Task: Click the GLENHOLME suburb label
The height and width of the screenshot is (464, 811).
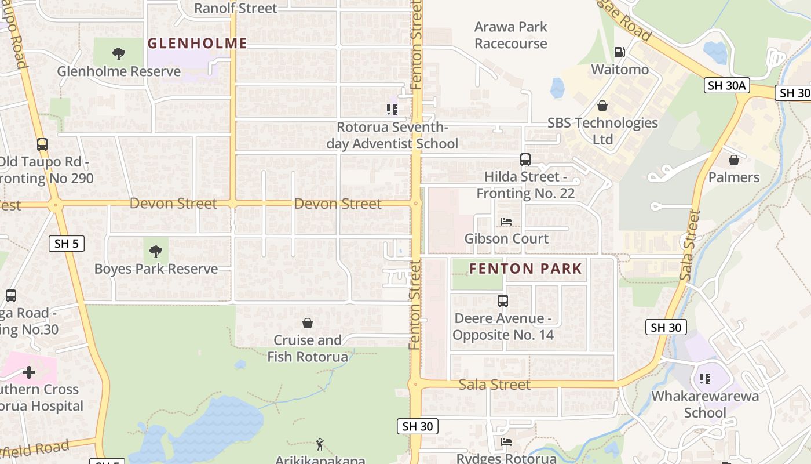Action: point(197,43)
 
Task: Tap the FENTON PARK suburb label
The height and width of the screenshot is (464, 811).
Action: point(525,269)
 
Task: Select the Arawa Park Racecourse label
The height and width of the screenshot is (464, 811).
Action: point(510,35)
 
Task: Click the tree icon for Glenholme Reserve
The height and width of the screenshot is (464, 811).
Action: point(119,54)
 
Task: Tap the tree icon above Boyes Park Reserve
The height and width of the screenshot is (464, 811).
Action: point(155,252)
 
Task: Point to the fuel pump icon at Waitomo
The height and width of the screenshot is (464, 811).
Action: point(619,52)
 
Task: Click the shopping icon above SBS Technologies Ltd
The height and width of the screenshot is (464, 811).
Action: point(602,106)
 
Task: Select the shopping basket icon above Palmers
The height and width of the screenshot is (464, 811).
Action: point(734,160)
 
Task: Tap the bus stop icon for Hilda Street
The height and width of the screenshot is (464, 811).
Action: point(525,159)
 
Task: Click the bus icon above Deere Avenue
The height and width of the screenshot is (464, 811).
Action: point(503,301)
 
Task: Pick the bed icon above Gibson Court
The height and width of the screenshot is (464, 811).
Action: point(506,222)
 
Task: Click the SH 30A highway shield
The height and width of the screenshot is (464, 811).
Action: point(727,86)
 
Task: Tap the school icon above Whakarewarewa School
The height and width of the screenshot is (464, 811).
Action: point(704,379)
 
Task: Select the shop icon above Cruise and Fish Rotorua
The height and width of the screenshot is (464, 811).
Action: point(308,323)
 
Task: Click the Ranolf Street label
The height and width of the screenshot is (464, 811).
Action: point(235,8)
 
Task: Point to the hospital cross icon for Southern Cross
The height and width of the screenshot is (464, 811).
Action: point(29,372)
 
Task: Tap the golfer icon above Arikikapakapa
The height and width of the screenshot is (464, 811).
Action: point(320,444)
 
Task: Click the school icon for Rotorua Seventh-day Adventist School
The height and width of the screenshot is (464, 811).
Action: point(392,109)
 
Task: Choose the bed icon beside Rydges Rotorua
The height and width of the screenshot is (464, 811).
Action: point(506,442)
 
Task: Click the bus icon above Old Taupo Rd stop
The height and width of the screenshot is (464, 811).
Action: point(42,144)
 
